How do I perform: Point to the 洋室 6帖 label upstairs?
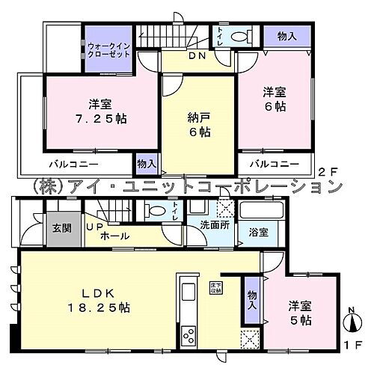(x=275, y=99)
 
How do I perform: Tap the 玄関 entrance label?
(x=62, y=228)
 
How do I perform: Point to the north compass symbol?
(x=349, y=324)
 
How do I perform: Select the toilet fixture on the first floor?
(x=156, y=211)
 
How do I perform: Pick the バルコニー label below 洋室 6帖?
(x=275, y=162)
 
